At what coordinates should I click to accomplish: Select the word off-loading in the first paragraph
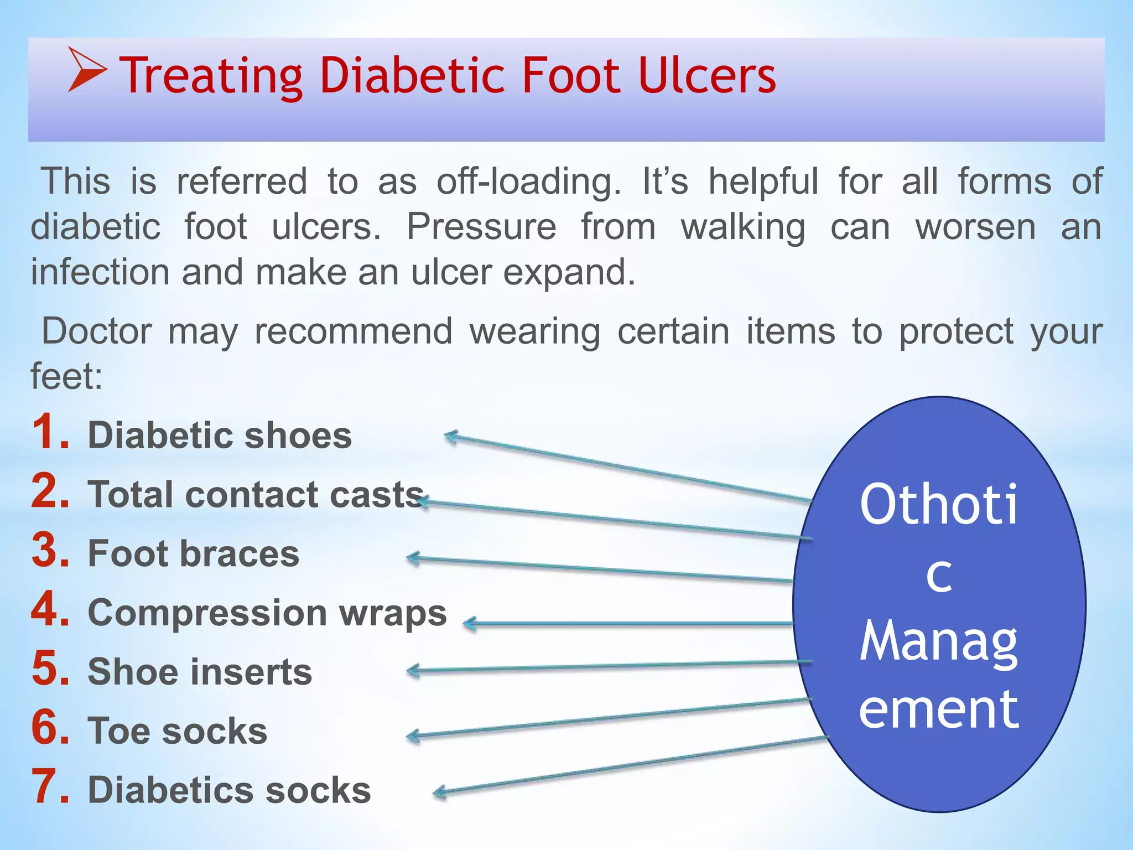(528, 182)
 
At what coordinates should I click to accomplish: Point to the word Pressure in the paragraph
(481, 227)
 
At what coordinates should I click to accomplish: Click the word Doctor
(97, 331)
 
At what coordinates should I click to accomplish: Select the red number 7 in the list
(51, 786)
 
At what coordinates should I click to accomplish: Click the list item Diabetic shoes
(220, 435)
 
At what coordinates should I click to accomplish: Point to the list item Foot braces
(194, 553)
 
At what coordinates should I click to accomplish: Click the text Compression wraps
(267, 613)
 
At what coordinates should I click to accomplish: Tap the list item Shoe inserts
(200, 672)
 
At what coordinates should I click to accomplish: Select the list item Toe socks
(178, 731)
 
